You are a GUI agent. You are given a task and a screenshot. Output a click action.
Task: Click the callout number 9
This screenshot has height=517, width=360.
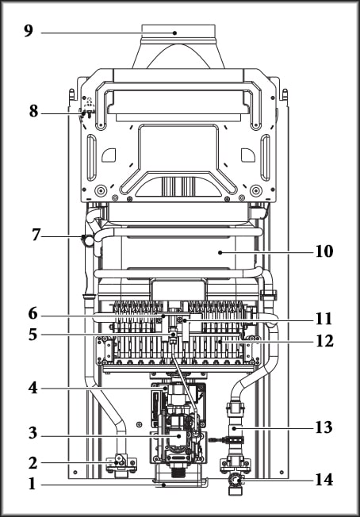29,31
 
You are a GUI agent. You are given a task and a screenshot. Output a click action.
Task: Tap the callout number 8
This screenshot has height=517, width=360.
33,112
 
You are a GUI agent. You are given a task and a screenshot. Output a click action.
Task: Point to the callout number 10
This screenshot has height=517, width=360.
324,252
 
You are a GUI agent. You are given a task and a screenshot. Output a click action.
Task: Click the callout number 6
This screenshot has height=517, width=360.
33,314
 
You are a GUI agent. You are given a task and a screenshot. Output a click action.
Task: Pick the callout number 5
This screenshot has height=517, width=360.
33,335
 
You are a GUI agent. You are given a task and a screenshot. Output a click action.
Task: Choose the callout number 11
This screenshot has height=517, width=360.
324,320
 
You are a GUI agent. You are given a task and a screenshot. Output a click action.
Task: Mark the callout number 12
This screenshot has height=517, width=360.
324,341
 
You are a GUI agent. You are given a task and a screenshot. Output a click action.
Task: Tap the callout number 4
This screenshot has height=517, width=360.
33,388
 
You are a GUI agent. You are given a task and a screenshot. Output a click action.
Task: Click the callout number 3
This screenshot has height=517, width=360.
33,434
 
